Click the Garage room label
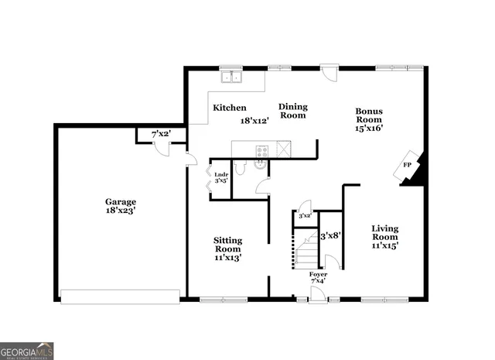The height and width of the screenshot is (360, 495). pos(121,201)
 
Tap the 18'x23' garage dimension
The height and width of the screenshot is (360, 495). pos(121,212)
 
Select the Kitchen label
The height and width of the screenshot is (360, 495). pos(230,108)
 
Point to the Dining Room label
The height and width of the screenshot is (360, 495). pos(293,111)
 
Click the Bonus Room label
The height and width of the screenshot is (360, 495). pos(369,115)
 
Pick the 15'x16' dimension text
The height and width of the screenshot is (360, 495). pos(369,129)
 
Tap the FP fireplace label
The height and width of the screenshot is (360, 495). pos(407,165)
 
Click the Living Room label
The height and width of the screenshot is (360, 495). pos(384,232)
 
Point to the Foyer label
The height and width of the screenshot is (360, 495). pos(318,275)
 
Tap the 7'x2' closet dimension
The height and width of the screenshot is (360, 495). pos(161,134)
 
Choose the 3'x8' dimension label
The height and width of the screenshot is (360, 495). pos(330,235)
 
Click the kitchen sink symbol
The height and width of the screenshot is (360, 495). pos(231,77)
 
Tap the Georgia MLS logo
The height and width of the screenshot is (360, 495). pos(27,350)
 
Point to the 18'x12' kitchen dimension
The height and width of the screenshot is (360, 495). pos(254,121)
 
